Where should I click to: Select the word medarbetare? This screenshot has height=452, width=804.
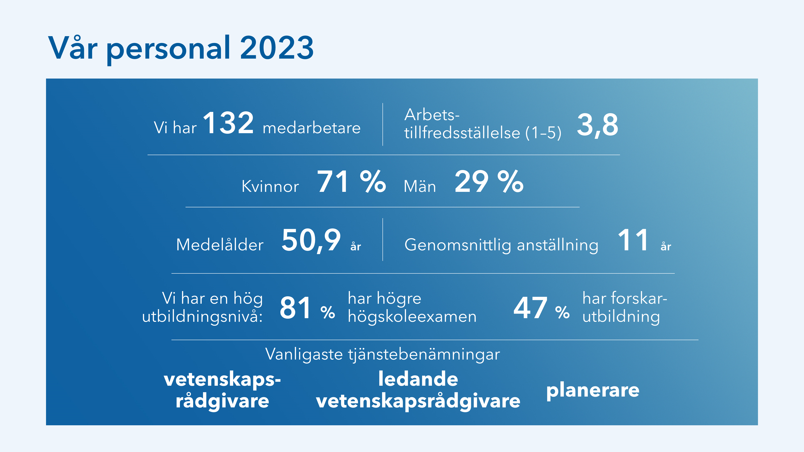(312, 128)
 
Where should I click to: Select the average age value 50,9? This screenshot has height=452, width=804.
(311, 240)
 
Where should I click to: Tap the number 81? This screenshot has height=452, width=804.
(295, 308)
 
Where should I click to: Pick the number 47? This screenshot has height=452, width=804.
(530, 308)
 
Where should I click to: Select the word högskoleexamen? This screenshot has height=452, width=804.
(412, 316)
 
